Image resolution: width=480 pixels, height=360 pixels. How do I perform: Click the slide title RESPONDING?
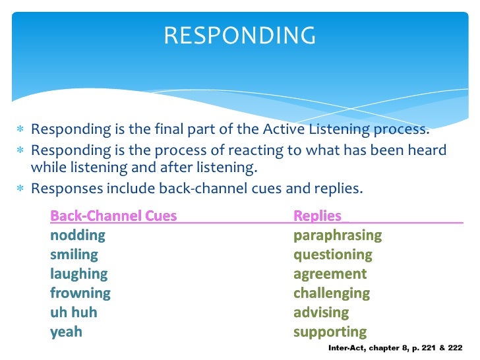(240, 35)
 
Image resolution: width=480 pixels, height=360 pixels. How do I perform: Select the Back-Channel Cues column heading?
(113, 216)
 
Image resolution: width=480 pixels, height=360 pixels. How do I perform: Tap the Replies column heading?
(318, 216)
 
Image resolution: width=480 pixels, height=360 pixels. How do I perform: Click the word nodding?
(78, 235)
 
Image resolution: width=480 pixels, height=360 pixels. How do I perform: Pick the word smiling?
(74, 255)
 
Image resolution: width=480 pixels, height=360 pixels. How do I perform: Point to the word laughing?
(78, 274)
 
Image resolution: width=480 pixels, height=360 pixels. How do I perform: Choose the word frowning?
(80, 293)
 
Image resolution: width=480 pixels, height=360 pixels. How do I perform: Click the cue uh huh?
(73, 312)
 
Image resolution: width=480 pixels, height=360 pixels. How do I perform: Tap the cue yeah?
(67, 332)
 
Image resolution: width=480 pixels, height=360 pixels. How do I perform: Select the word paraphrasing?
(338, 235)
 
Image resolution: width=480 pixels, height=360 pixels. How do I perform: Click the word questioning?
(333, 255)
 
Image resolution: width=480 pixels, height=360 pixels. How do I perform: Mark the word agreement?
(330, 274)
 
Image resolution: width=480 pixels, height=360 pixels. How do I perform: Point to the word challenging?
(332, 293)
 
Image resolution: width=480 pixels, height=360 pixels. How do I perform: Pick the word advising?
(321, 312)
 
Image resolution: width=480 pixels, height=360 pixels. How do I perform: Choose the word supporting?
(330, 332)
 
